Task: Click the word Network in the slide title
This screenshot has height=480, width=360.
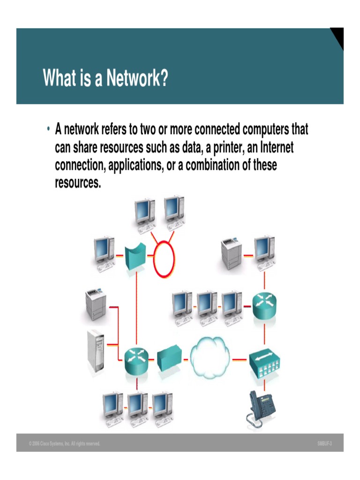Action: coord(137,78)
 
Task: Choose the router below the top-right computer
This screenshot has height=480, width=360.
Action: coord(265,306)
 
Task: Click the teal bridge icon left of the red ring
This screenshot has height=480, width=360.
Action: coord(135,256)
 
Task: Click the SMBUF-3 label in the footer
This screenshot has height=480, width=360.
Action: coord(324,443)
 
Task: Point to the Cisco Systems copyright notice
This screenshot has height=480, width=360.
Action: coord(64,443)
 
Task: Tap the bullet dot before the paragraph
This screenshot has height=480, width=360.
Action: coord(48,129)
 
